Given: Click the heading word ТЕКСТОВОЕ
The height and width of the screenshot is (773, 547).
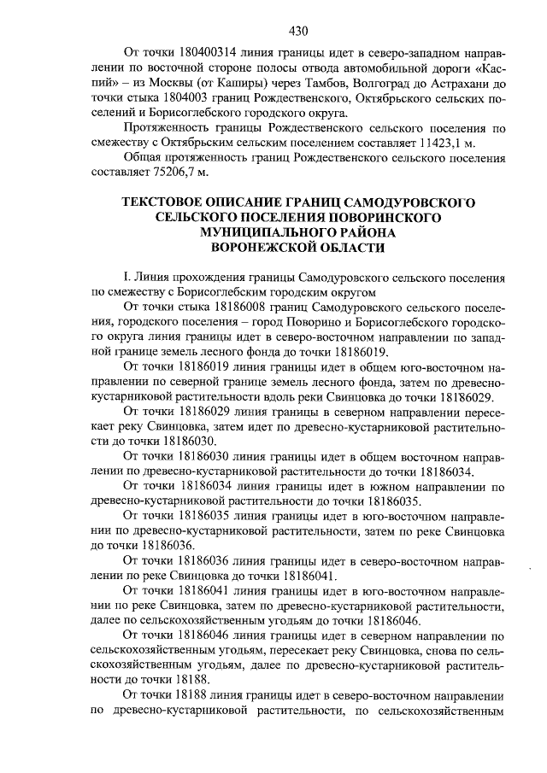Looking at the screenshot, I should click(x=167, y=202).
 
